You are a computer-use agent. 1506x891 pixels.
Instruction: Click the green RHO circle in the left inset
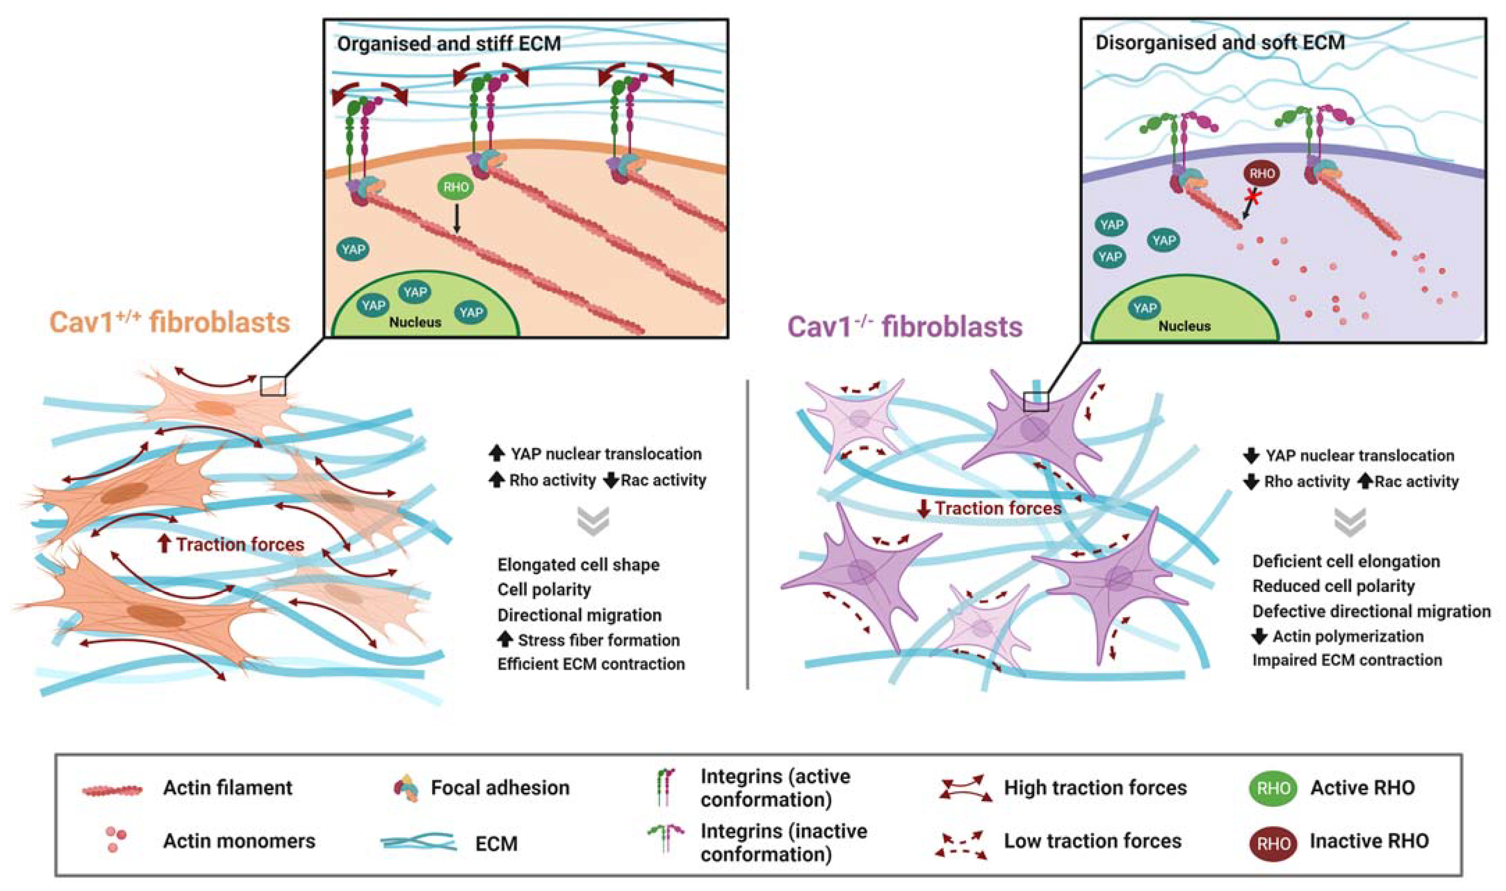pos(455,187)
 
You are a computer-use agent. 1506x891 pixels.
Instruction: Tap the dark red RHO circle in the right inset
pos(1261,174)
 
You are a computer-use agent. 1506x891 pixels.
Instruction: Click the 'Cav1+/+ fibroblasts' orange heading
pos(170,323)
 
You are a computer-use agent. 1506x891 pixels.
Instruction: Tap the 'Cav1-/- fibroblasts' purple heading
pos(905,327)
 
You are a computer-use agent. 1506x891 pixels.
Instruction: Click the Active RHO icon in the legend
pos(1273,788)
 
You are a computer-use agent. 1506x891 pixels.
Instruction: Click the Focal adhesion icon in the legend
pos(407,788)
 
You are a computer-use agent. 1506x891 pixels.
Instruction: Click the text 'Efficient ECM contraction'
pos(591,664)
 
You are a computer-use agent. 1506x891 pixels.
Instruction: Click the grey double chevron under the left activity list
pos(593,521)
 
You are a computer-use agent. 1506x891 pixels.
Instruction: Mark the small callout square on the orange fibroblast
pos(273,386)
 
